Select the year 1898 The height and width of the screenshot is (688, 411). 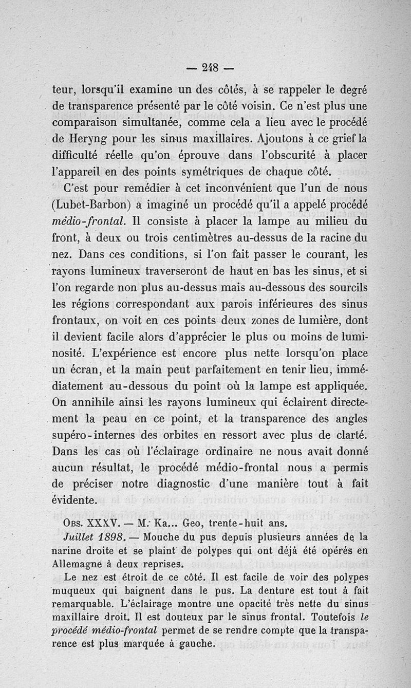(110, 537)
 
